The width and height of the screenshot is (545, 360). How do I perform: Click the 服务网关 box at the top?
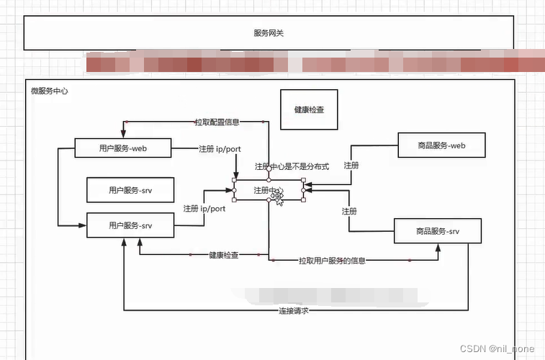click(268, 33)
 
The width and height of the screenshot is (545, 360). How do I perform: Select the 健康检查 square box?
click(309, 110)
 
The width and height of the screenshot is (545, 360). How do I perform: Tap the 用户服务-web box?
click(123, 148)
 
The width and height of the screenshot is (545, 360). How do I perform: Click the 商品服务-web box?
click(441, 145)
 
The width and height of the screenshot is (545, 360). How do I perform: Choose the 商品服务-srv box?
click(438, 231)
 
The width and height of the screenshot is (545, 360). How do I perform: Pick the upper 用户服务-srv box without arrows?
click(130, 191)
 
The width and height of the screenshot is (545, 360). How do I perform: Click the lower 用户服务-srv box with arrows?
click(130, 225)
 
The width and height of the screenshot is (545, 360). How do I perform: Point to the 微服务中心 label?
click(50, 91)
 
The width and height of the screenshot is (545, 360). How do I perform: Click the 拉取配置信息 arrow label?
click(217, 122)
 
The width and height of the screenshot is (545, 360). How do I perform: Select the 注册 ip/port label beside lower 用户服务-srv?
click(204, 208)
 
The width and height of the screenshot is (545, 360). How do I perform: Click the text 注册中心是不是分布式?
click(292, 166)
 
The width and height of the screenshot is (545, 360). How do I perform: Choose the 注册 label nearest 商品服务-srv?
click(349, 211)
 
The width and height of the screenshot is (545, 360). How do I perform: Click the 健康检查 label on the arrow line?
click(224, 255)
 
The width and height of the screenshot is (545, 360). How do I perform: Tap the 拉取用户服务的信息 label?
click(332, 261)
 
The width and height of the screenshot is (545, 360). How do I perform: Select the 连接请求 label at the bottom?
click(294, 311)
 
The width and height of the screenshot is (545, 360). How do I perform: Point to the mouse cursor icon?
click(277, 197)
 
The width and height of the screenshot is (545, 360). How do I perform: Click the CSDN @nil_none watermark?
click(502, 348)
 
